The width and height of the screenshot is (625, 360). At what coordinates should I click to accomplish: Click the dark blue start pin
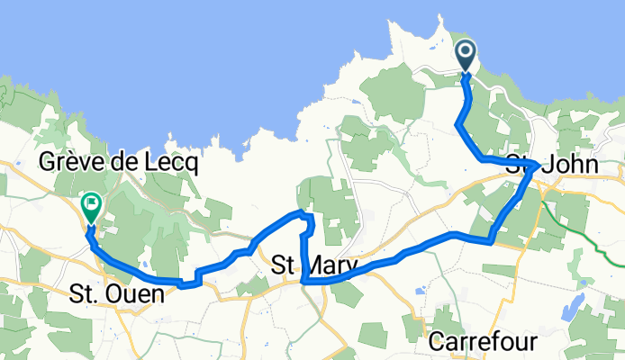pos(466,56)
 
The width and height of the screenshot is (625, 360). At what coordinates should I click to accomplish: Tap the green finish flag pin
pos(92,207)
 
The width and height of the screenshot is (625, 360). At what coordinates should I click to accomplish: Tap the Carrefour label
pos(483,342)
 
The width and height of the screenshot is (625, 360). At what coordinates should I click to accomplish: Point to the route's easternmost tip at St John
pos(538,165)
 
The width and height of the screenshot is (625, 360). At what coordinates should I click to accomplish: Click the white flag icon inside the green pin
pos(92,202)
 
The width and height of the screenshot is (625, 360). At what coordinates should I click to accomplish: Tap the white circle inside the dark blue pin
pos(466,51)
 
